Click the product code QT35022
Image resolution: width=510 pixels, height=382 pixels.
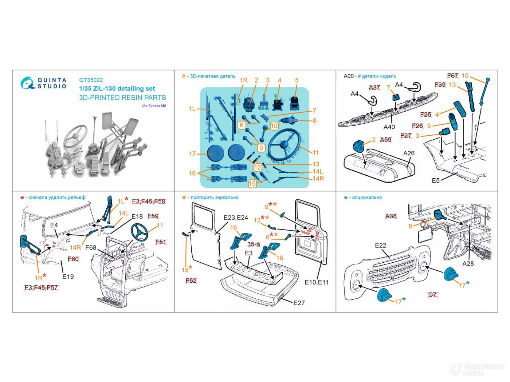click(91, 80)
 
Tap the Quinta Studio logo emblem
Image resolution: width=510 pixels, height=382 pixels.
click(28, 83)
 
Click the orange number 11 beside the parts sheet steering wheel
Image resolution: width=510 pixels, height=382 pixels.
click(315, 152)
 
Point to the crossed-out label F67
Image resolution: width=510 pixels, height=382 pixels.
click(452, 76)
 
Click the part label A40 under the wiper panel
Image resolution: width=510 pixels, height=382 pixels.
click(389, 127)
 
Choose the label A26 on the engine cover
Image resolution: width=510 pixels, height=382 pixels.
click(409, 153)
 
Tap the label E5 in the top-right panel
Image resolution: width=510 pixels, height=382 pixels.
click(436, 180)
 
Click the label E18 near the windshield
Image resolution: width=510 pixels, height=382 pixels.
click(137, 216)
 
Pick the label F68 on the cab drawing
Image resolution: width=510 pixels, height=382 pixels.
click(91, 248)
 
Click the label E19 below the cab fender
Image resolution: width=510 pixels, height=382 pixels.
click(68, 276)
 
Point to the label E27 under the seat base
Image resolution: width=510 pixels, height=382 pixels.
click(298, 303)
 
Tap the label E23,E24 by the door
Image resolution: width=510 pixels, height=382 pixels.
click(235, 218)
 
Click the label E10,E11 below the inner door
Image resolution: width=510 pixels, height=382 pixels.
click(317, 282)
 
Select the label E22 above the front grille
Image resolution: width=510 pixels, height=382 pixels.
click(380, 246)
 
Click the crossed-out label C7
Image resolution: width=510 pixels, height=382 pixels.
click(432, 294)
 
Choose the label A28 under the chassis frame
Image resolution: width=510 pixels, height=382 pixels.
click(468, 263)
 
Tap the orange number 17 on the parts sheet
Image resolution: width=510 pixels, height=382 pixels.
click(192, 154)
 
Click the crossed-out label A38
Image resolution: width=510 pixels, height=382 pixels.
click(391, 216)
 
